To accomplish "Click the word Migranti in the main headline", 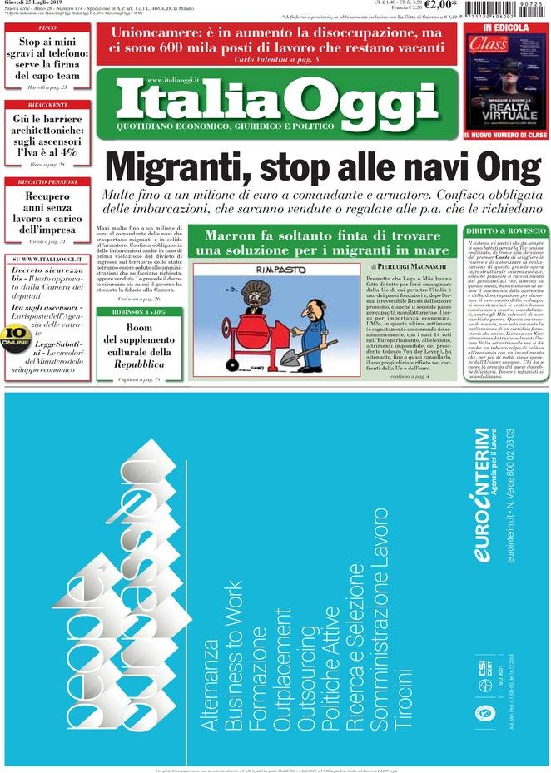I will click(167, 168).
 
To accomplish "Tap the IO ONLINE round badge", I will click(15, 335).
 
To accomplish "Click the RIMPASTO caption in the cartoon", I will click(257, 270).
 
